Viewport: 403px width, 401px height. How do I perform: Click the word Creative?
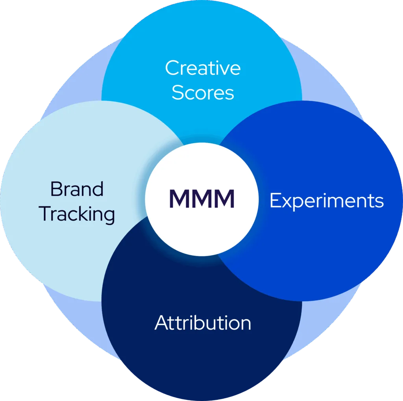pyautogui.click(x=203, y=68)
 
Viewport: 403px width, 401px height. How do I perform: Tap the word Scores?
pyautogui.click(x=203, y=93)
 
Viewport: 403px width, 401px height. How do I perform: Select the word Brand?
pyautogui.click(x=77, y=189)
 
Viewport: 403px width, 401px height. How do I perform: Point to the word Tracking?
pyautogui.click(x=78, y=214)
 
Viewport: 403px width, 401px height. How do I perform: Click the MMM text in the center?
pyautogui.click(x=202, y=199)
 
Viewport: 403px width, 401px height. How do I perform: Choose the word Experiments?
pyautogui.click(x=327, y=201)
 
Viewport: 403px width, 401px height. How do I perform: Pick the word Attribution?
pyautogui.click(x=203, y=323)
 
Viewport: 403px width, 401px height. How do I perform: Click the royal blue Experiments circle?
pyautogui.click(x=335, y=252)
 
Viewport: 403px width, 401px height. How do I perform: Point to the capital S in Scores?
pyautogui.click(x=178, y=93)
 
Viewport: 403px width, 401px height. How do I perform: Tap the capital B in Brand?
pyautogui.click(x=57, y=189)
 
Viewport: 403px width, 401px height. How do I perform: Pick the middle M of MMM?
pyautogui.click(x=202, y=199)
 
